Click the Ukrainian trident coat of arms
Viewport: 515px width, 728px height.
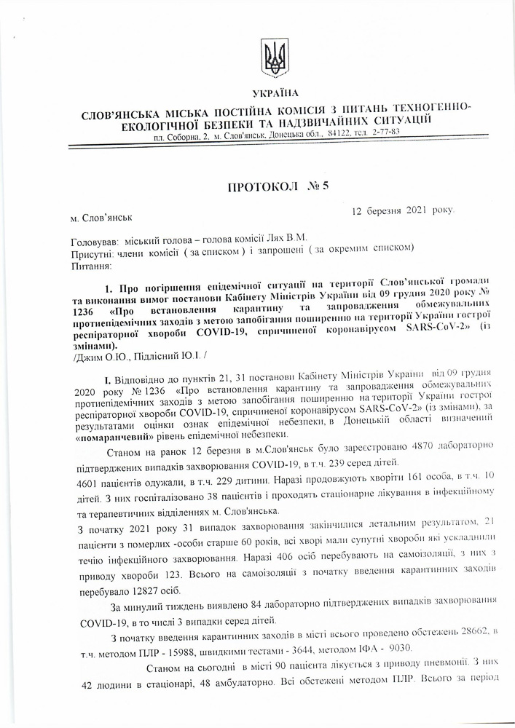(275, 58)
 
